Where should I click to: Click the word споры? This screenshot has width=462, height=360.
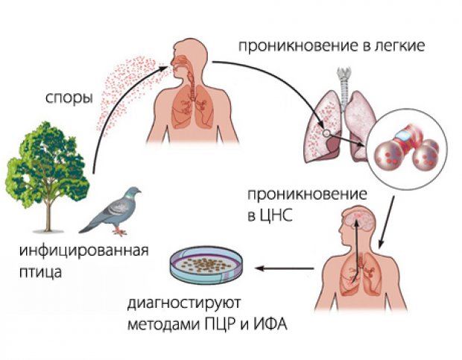point(69,98)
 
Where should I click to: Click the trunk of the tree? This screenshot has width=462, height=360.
point(48,215)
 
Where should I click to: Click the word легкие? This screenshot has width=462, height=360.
point(399,46)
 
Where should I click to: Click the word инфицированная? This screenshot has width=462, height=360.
point(84,251)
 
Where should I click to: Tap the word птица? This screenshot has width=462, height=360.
point(40,272)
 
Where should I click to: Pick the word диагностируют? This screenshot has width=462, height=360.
point(184,304)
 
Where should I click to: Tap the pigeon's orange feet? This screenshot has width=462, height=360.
point(120,232)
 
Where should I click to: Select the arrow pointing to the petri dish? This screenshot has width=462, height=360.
point(284,268)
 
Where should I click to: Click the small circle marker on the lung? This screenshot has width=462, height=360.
point(326,133)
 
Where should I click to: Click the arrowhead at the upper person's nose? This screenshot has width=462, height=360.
point(164,68)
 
